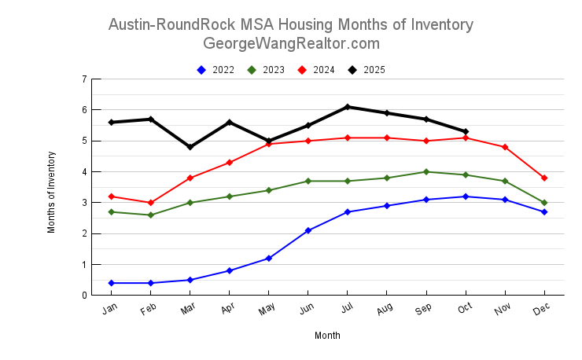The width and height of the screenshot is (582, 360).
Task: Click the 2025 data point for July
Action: coord(348,107)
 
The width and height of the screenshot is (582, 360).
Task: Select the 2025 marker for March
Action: coord(190,147)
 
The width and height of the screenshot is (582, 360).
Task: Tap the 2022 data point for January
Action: coord(112,283)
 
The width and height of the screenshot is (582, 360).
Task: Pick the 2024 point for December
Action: coord(544,178)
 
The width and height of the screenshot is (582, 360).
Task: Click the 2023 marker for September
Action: coord(426,171)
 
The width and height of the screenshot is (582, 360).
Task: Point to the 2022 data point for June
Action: coord(308,230)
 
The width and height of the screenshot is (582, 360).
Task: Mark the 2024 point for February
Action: coord(151,203)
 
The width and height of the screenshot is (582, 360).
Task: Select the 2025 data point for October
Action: coord(466,131)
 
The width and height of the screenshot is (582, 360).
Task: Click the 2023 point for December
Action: coord(544,203)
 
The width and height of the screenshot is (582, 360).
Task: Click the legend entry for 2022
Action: coord(215,70)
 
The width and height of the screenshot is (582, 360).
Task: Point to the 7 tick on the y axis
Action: coord(84,79)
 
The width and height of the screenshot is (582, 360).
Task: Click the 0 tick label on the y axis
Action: coord(84,296)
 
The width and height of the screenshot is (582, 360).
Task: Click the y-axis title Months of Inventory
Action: coord(52,192)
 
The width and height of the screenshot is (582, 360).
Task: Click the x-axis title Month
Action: coord(327,336)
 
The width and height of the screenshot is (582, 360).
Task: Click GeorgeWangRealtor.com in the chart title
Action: coord(291,43)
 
